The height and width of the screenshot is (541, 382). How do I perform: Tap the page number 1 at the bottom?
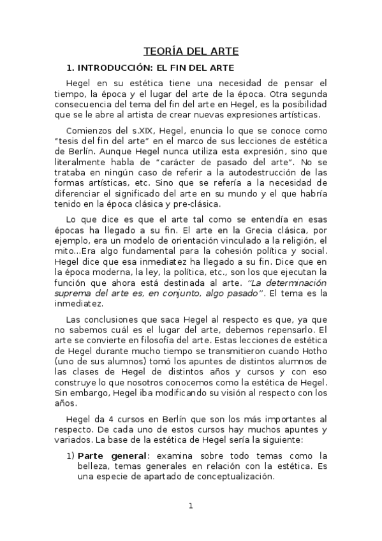coord(190,506)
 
